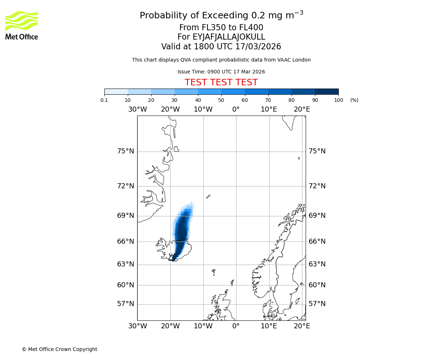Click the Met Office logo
coord(22,25)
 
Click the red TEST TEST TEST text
coord(221,82)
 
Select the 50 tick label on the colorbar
coord(221,100)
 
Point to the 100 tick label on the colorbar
coord(338,100)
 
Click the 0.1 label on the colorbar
coord(104,100)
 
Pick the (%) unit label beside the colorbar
coord(354,100)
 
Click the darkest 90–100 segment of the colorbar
coord(327,91)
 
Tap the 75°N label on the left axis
coord(126,151)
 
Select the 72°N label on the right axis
coord(317,186)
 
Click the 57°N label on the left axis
coord(126,304)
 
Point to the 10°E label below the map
coord(269,326)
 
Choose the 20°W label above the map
coord(170,109)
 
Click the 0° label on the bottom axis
coord(236,326)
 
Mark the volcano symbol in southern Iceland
coord(172,257)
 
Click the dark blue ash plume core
coord(182,234)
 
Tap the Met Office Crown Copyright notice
coord(59,350)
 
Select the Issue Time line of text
coord(221,72)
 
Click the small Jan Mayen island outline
coord(208,197)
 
